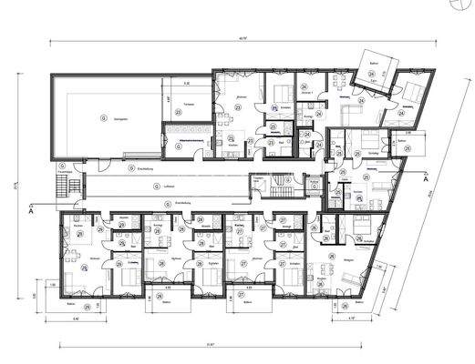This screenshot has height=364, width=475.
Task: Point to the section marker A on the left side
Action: [x=31, y=214]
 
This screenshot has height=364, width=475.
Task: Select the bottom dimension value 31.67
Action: [x=212, y=345]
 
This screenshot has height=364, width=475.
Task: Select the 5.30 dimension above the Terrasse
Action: [x=186, y=83]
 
